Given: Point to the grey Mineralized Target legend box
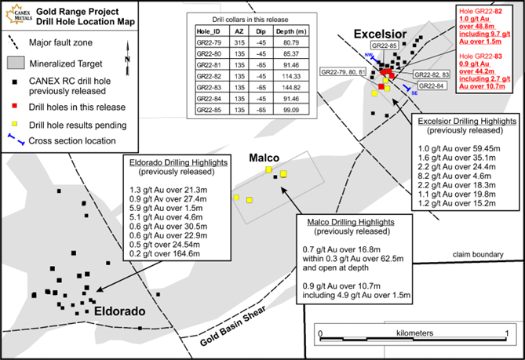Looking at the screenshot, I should point(13,60).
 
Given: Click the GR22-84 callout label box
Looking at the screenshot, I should point(432,85).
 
